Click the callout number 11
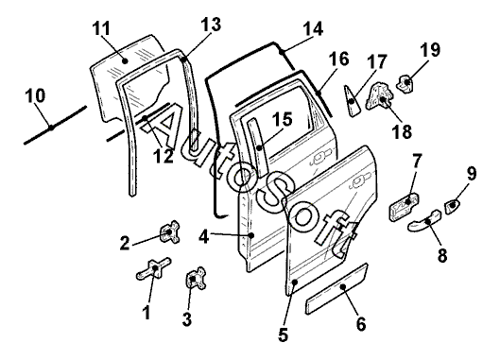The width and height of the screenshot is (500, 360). [x=101, y=28]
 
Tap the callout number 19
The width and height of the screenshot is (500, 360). [x=430, y=50]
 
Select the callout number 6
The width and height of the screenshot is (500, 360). [x=361, y=324]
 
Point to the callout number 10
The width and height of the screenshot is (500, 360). [x=35, y=95]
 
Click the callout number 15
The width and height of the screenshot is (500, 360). [x=283, y=119]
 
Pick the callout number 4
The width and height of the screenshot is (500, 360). [x=204, y=237]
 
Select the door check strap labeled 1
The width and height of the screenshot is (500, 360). [x=154, y=268]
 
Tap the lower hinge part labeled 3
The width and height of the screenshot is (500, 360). [x=195, y=278]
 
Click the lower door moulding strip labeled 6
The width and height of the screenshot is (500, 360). [x=337, y=288]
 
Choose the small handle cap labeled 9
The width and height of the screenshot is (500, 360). [x=452, y=206]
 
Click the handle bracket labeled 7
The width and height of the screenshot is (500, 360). [x=404, y=207]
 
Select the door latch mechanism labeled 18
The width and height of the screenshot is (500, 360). [x=381, y=96]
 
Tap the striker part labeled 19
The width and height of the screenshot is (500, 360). [x=405, y=83]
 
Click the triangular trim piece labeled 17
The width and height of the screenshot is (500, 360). [x=352, y=101]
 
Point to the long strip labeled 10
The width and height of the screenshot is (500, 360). [x=55, y=125]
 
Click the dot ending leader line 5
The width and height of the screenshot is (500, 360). [x=295, y=282]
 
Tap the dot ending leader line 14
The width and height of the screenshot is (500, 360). [x=281, y=51]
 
